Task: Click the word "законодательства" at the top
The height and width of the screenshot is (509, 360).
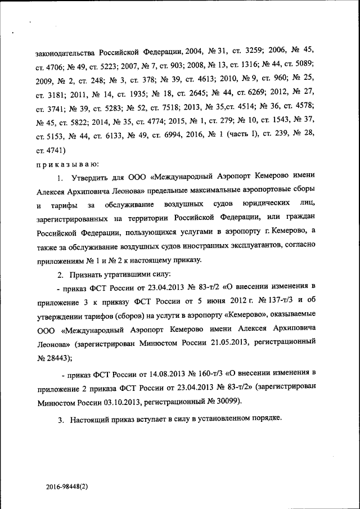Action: (x=64, y=52)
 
